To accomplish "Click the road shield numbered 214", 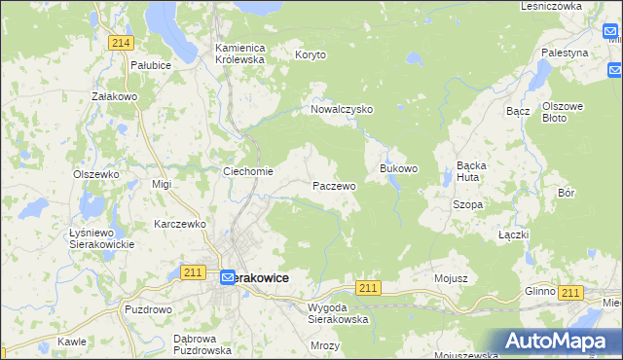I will coord(122,43).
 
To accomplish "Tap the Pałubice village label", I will coord(151,65).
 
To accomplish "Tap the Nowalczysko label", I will coord(342,110).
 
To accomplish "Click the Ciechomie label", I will coord(248,172).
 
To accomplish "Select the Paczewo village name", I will coord(334,185).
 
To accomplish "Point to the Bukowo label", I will coord(398,168).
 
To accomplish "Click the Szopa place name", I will coord(467,205).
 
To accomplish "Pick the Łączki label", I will coord(513,235).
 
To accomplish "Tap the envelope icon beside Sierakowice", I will coord(227,278).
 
